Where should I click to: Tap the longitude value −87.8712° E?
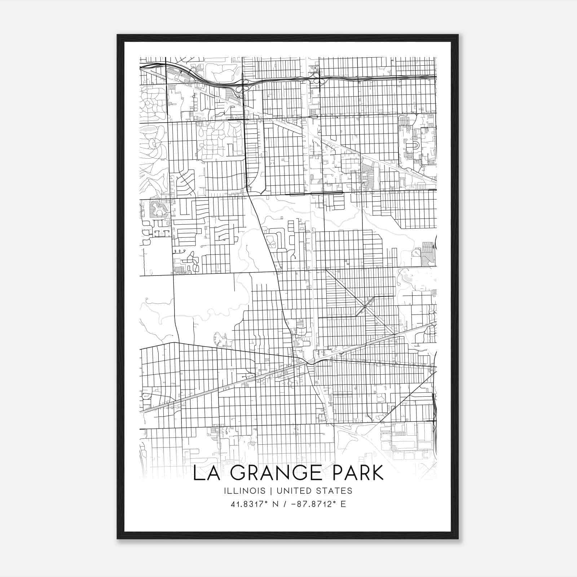click(318, 504)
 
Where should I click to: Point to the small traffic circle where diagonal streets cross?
click(365, 307)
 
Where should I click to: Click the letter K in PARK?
click(377, 473)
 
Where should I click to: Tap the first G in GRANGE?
click(238, 473)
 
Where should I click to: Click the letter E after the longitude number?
click(343, 504)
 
